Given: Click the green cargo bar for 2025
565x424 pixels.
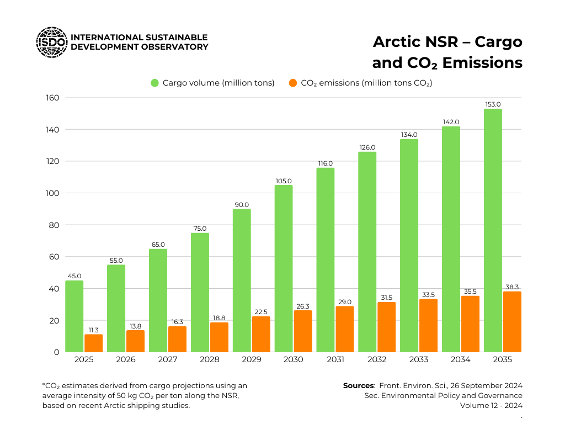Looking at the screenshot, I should [74, 316].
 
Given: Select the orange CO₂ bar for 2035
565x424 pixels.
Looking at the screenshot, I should [512, 322].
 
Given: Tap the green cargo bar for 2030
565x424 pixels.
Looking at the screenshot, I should [284, 268].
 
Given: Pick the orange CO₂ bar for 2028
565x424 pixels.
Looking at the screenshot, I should [219, 337].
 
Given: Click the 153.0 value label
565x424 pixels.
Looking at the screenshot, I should [493, 104].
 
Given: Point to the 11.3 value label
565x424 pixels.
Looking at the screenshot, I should [93, 330].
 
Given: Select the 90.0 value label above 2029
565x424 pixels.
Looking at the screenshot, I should [242, 205].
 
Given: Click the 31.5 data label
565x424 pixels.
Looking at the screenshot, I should [386, 298].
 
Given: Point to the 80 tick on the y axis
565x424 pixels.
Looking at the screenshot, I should [54, 225].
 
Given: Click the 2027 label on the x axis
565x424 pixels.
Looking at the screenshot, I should [168, 359].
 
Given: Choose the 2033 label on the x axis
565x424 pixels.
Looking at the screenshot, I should [419, 359].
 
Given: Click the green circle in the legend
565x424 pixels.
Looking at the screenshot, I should [155, 83].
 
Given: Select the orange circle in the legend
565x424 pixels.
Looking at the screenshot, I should [293, 83].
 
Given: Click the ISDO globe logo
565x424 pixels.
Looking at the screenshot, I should [52, 42].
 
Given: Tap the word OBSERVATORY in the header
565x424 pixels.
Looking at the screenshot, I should [175, 47].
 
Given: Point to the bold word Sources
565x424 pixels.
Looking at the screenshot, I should [358, 385].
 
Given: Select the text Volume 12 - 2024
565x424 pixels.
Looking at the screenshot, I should [491, 405].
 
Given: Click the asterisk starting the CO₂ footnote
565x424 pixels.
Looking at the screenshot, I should [44, 385].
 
